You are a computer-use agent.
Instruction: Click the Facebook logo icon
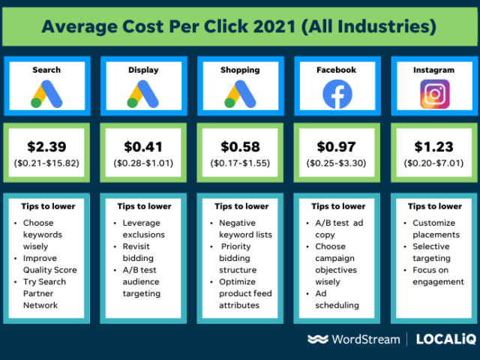337,94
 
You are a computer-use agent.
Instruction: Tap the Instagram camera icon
434,94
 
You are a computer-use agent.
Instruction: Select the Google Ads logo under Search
46,94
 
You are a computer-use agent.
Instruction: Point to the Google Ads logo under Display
143,94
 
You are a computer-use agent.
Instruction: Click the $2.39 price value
46,148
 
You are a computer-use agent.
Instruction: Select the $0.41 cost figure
143,148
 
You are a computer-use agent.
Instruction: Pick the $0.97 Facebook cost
337,148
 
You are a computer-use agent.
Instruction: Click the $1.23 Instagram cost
434,148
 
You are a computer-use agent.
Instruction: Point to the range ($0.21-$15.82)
46,163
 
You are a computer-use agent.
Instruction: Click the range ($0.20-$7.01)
434,163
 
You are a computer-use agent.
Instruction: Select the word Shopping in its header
240,70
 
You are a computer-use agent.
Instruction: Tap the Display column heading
143,70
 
